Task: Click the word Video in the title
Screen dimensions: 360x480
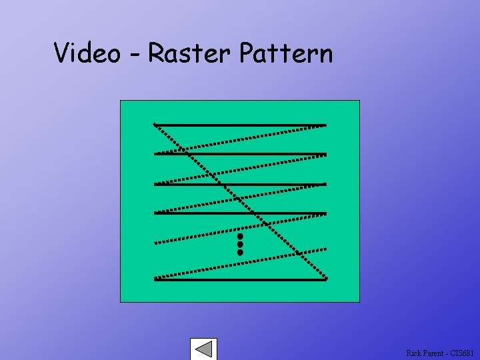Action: click(87, 53)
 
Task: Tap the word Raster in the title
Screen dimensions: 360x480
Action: click(189, 53)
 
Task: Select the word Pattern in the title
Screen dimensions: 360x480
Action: click(285, 53)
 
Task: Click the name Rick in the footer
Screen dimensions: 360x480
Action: click(413, 353)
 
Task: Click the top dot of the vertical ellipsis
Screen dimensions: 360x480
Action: click(240, 236)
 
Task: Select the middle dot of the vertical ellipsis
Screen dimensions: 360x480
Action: click(240, 245)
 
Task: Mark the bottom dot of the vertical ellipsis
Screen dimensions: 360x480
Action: click(240, 253)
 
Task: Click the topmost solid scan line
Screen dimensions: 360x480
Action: click(240, 125)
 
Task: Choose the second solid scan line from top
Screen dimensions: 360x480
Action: click(240, 154)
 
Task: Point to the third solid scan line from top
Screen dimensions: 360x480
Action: click(240, 184)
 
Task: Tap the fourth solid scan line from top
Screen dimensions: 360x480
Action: click(240, 213)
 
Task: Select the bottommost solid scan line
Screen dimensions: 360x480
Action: click(240, 279)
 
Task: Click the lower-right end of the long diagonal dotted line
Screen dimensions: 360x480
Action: click(327, 277)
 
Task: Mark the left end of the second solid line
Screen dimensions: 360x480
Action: click(155, 154)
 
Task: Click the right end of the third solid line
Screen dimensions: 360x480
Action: click(325, 184)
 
